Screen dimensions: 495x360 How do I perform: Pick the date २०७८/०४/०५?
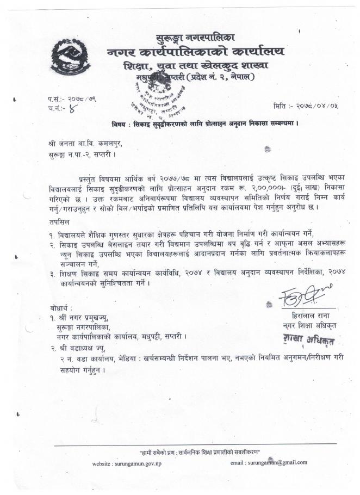coord(316,104)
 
